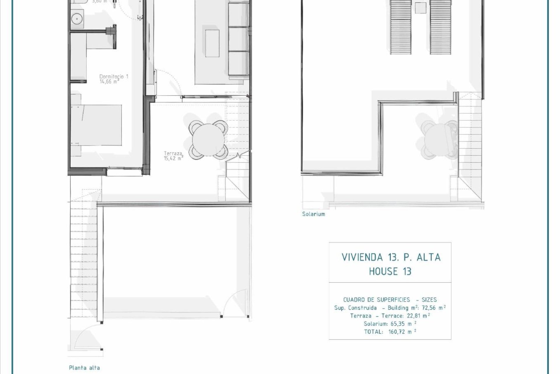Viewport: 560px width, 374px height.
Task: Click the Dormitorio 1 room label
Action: coord(114,77)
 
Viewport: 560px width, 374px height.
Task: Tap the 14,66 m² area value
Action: coord(109,82)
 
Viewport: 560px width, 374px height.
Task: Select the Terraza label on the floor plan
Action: coord(173,153)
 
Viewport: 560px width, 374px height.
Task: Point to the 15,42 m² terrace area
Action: coord(174,158)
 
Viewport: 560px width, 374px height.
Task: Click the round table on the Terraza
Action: coord(207,139)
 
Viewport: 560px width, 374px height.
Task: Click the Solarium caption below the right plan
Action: coord(314,214)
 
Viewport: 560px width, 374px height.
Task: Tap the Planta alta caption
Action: coord(84,368)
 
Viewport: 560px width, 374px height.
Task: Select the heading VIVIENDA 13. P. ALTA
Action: coord(391,257)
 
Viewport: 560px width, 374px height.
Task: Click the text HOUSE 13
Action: coord(390,271)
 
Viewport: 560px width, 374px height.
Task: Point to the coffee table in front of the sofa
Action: coord(213,43)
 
